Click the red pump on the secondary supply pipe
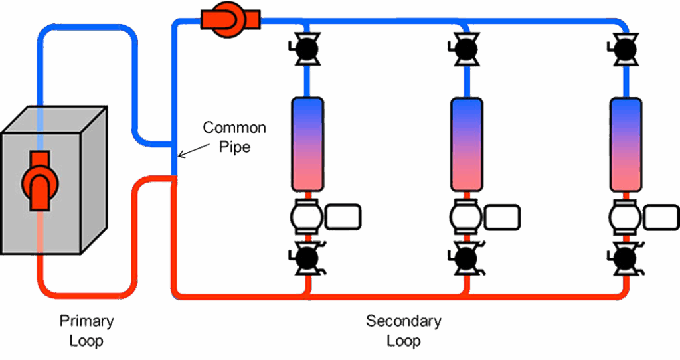tap(230, 19)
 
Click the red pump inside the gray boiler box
tap(40, 181)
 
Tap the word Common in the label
tap(234, 128)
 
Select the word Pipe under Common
tap(234, 147)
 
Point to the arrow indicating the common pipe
tap(193, 151)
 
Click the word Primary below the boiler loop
tap(87, 321)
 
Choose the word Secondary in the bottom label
tap(404, 321)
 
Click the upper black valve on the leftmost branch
tap(306, 49)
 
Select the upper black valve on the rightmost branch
tap(625, 49)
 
